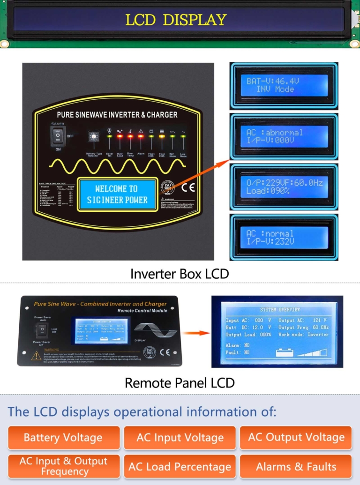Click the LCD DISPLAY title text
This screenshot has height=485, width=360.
pyautogui.click(x=176, y=20)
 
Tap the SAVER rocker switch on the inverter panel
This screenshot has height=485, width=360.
pyautogui.click(x=58, y=136)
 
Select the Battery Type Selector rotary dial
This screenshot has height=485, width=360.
pyautogui.click(x=94, y=137)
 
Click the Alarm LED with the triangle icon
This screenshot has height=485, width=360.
pyautogui.click(x=141, y=137)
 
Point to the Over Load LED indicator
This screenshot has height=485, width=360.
pyautogui.click(x=120, y=137)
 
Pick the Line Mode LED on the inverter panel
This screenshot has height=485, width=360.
pyautogui.click(x=183, y=137)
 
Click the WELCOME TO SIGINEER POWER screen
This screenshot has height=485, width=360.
pyautogui.click(x=117, y=194)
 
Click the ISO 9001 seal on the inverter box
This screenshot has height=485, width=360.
pyautogui.click(x=166, y=188)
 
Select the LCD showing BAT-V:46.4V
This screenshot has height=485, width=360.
pyautogui.click(x=284, y=86)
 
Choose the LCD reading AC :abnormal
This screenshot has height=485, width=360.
pyautogui.click(x=284, y=136)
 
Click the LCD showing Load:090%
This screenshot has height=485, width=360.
pyautogui.click(x=284, y=187)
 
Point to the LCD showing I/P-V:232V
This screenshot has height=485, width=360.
pyautogui.click(x=284, y=238)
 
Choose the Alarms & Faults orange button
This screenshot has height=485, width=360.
pyautogui.click(x=296, y=467)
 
